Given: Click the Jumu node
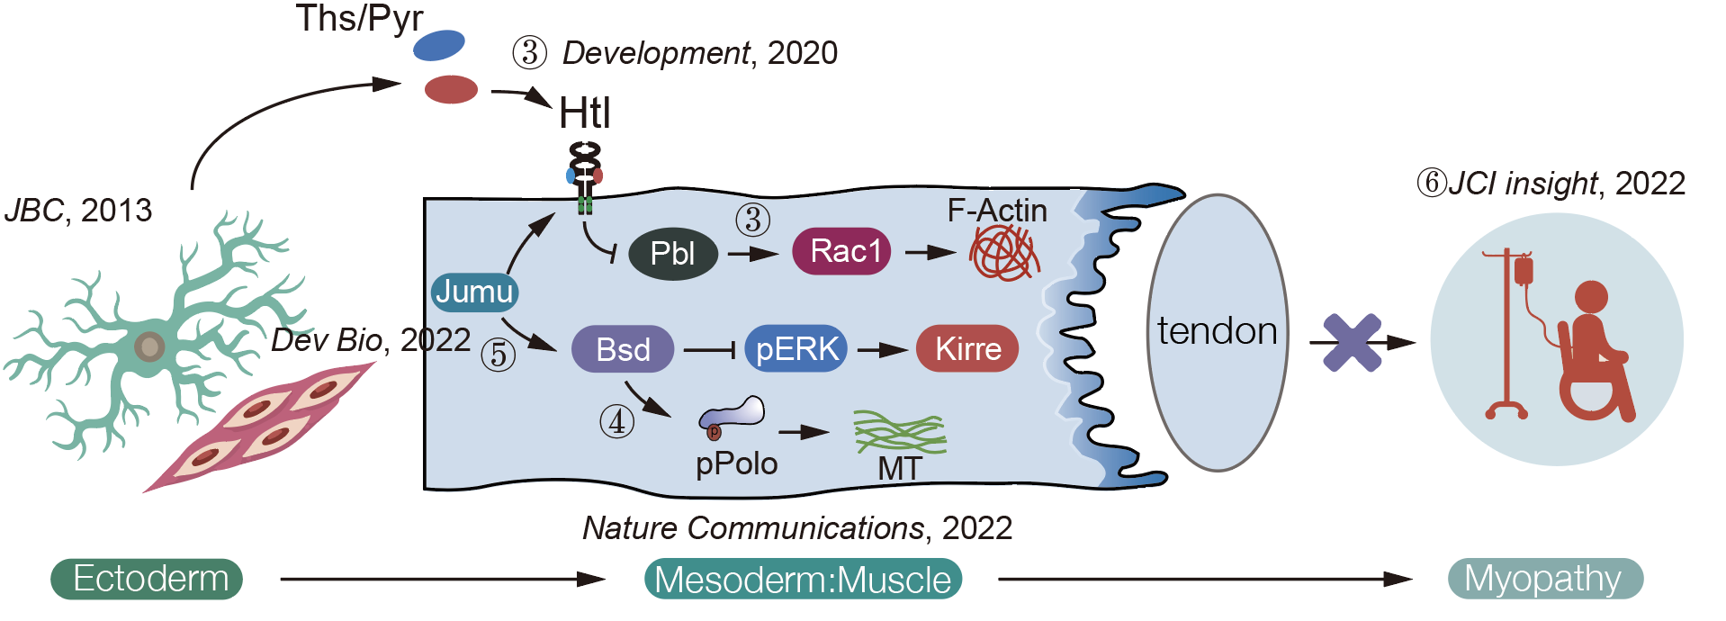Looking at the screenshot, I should (x=474, y=292).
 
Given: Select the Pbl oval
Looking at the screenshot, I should (x=672, y=254).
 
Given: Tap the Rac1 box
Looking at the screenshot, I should (x=841, y=251).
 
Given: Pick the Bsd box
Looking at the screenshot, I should (x=623, y=349).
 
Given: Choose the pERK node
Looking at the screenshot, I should (x=796, y=349).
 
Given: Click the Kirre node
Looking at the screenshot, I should (x=967, y=349).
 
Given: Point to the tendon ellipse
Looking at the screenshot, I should (x=1218, y=332).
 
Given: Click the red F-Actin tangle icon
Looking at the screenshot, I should (x=1004, y=253).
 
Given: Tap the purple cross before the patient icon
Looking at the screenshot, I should (x=1352, y=342).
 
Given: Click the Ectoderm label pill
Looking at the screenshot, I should (x=148, y=579).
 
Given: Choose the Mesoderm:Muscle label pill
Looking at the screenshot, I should (x=803, y=579).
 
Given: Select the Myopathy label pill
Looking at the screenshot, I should (x=1544, y=579).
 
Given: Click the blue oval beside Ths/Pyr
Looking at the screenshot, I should (x=439, y=45).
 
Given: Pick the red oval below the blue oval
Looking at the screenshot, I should (x=451, y=89).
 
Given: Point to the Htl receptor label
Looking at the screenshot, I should (x=585, y=114).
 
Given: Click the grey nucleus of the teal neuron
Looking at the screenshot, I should (x=149, y=346).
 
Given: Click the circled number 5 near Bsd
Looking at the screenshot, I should (x=498, y=355).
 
